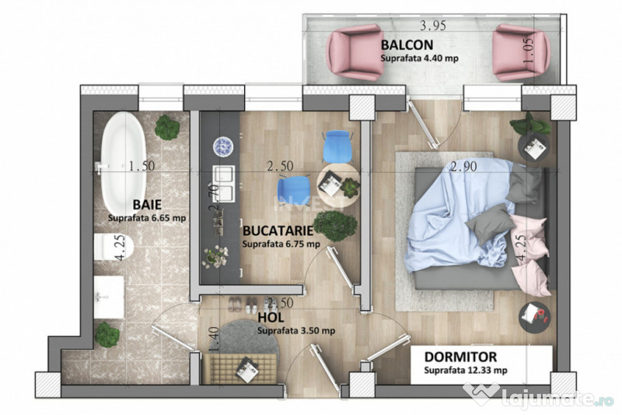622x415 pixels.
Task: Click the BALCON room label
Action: (407, 44)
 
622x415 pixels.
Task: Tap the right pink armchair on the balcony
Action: (522, 52)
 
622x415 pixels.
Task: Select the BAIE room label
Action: (147, 204)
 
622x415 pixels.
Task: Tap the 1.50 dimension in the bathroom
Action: (142, 165)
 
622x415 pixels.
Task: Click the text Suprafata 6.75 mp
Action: (281, 244)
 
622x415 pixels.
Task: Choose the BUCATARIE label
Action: (278, 231)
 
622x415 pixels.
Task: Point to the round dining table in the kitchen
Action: (339, 184)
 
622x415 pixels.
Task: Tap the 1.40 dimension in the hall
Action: (212, 339)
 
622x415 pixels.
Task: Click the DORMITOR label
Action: (460, 357)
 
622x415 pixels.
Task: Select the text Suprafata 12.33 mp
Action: (466, 371)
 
